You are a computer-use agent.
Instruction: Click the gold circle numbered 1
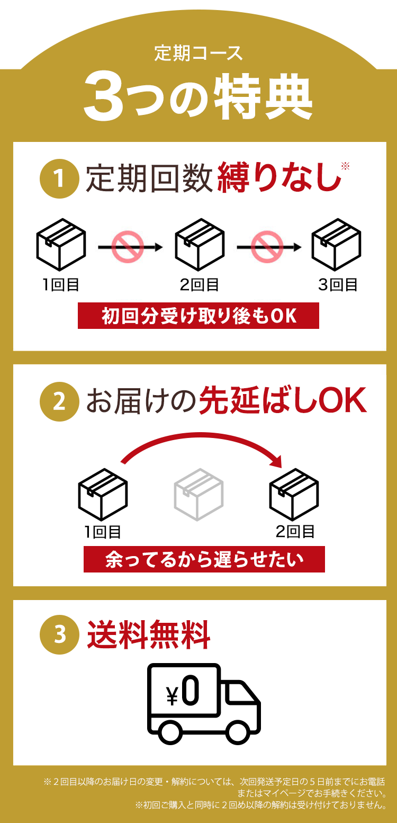(x=59, y=178)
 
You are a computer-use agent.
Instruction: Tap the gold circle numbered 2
(x=59, y=401)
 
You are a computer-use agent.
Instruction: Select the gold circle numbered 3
(x=59, y=634)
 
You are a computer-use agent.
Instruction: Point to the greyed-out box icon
(x=198, y=494)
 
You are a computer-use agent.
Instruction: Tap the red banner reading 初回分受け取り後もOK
(x=198, y=316)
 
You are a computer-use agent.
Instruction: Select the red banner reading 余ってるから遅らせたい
(x=204, y=559)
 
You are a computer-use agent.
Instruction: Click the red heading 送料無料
(x=149, y=634)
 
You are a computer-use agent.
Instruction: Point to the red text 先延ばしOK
(x=282, y=402)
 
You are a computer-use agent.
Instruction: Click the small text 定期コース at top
(x=198, y=53)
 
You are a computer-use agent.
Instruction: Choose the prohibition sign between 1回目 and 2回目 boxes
(x=128, y=247)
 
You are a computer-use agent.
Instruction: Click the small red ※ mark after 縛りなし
(x=346, y=166)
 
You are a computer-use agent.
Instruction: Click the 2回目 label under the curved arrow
(x=295, y=531)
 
